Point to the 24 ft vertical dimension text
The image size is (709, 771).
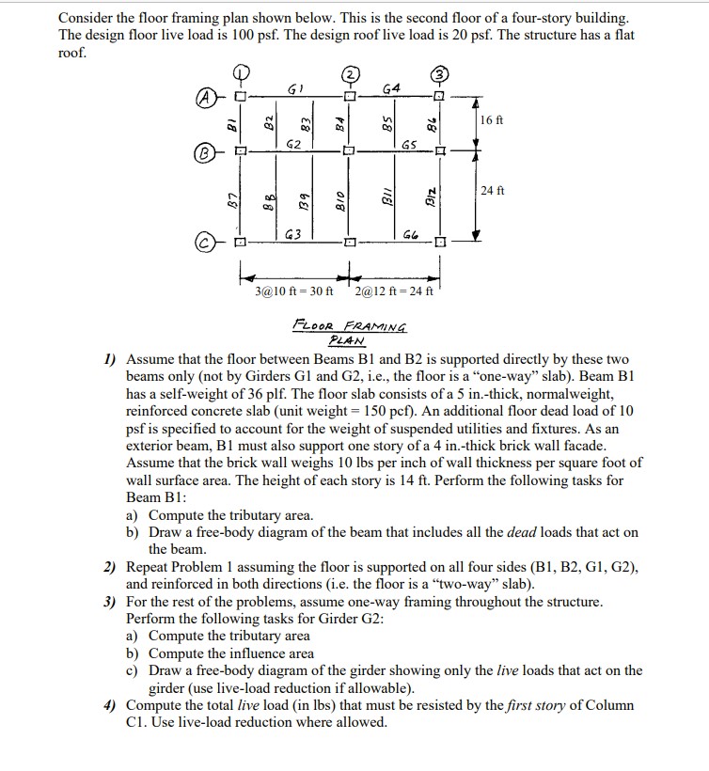click(x=492, y=190)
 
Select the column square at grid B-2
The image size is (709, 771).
click(x=348, y=149)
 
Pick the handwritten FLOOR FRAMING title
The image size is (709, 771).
click(x=350, y=327)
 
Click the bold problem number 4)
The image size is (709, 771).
click(x=110, y=704)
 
